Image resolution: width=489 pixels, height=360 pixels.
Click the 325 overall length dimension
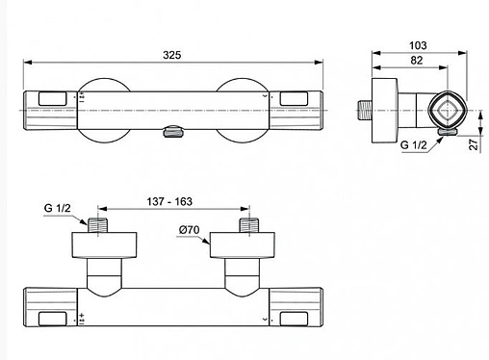172,55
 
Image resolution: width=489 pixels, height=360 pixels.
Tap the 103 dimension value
418,45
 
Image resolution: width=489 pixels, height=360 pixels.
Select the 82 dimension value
416,60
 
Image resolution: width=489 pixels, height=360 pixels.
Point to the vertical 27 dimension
474,144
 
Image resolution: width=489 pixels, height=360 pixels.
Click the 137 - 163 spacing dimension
169,201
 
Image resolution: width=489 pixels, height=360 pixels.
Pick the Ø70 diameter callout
189,230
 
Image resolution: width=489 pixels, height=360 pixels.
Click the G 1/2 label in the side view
414,145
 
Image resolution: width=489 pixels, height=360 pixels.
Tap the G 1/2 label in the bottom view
57,208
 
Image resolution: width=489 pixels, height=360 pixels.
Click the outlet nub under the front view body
173,131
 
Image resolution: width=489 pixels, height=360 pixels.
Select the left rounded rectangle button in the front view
53,99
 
